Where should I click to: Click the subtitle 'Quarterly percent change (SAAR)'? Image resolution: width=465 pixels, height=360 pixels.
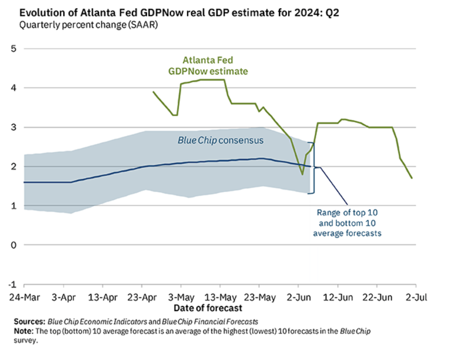click(x=89, y=25)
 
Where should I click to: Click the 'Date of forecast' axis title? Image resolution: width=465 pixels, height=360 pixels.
click(x=208, y=307)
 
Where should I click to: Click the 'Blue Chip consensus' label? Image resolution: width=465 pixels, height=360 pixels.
click(x=221, y=140)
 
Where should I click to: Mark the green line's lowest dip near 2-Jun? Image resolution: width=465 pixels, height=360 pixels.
click(x=302, y=174)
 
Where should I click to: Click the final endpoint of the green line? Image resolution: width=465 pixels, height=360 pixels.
click(x=412, y=178)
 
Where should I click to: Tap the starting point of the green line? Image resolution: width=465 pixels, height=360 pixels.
click(x=153, y=92)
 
